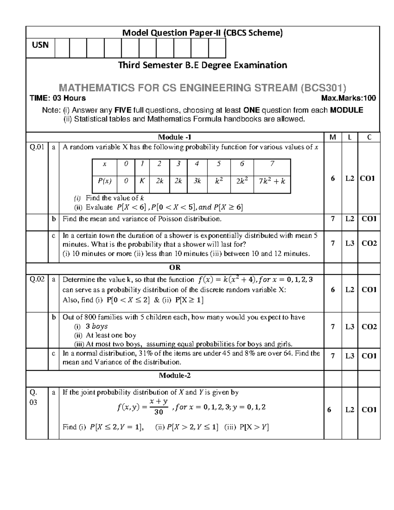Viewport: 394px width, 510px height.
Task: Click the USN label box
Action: [40, 45]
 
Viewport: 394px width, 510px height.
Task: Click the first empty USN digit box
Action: [62, 48]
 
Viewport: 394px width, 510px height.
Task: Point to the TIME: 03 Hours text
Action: [58, 98]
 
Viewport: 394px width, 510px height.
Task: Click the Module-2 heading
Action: [175, 376]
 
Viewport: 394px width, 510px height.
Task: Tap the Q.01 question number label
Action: [37, 147]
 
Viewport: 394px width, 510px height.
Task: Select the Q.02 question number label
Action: [37, 280]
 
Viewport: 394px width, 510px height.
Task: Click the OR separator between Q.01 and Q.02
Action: [175, 268]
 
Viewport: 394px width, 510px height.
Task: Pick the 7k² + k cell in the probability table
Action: [272, 181]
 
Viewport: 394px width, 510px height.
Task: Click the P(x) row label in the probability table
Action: [105, 181]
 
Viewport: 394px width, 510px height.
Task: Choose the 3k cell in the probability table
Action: [197, 181]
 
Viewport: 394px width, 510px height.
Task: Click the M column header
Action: [333, 137]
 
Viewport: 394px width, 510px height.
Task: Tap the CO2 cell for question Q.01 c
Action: [369, 243]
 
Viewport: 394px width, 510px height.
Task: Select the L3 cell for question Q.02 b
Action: [350, 327]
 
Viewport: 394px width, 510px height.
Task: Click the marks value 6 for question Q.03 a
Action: [329, 410]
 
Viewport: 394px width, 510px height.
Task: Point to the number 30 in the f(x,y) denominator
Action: [159, 412]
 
